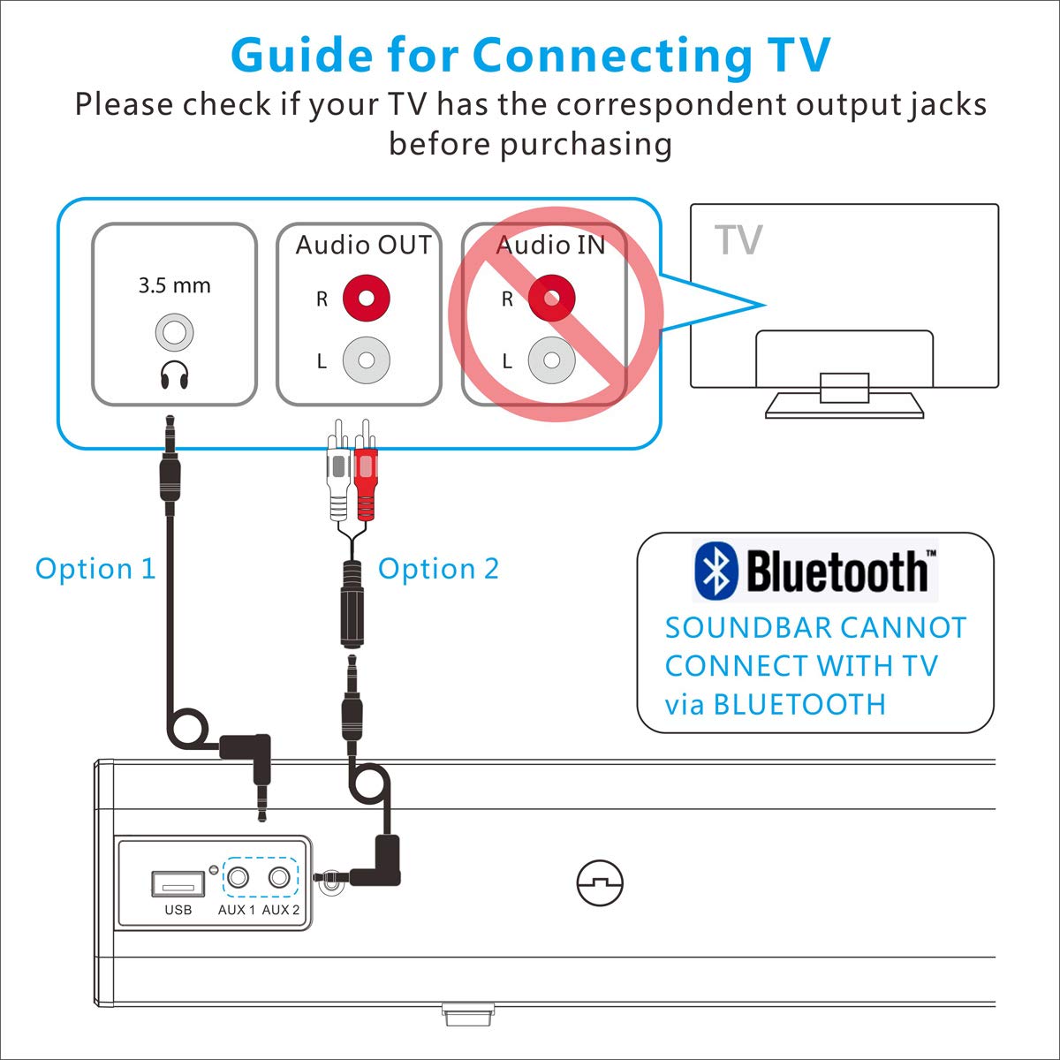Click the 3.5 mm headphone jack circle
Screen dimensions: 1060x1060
pyautogui.click(x=174, y=332)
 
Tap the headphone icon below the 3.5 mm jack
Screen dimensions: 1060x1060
pyautogui.click(x=174, y=375)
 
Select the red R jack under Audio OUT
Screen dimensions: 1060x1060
pyautogui.click(x=367, y=299)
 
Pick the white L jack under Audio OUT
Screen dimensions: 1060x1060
pyautogui.click(x=367, y=360)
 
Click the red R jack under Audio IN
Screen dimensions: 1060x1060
pyautogui.click(x=552, y=299)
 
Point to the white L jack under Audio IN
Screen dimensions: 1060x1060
pyautogui.click(x=552, y=360)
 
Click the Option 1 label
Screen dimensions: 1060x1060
pyautogui.click(x=95, y=569)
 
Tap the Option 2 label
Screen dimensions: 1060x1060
pyautogui.click(x=438, y=569)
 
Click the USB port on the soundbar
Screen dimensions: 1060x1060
pyautogui.click(x=178, y=883)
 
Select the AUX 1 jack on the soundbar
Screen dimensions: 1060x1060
pyautogui.click(x=238, y=877)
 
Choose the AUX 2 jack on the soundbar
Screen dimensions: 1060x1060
pyautogui.click(x=279, y=877)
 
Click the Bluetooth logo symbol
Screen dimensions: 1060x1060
pyautogui.click(x=715, y=571)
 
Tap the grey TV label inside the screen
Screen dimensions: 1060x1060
pyautogui.click(x=738, y=240)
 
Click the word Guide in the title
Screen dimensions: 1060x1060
pyautogui.click(x=302, y=55)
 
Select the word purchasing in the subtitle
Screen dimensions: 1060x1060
pyautogui.click(x=586, y=146)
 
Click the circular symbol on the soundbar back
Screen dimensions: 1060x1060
pyautogui.click(x=600, y=882)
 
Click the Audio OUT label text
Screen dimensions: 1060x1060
pyautogui.click(x=364, y=245)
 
